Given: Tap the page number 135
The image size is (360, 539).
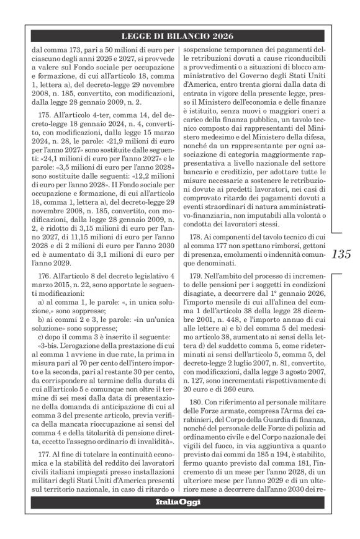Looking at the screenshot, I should point(343,254).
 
